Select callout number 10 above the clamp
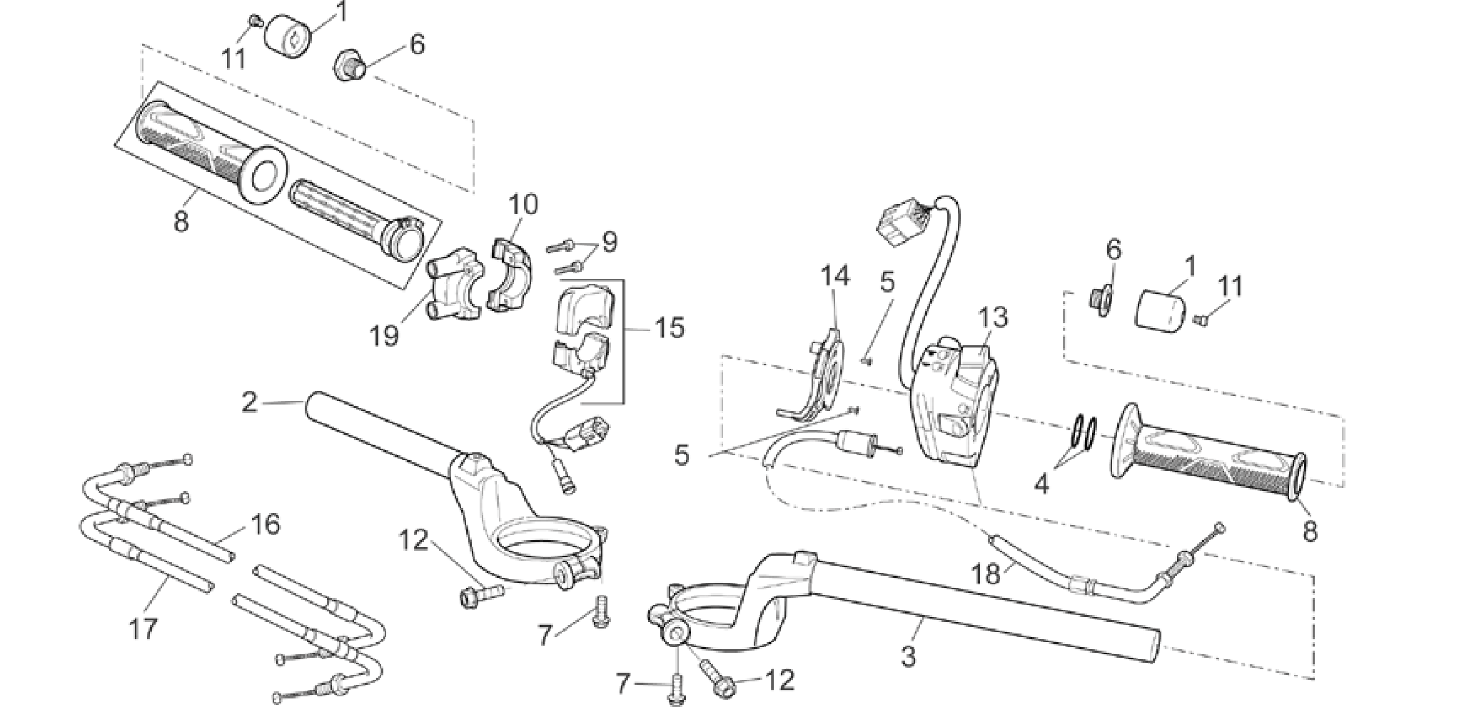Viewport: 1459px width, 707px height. point(523,205)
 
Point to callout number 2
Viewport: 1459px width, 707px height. point(249,402)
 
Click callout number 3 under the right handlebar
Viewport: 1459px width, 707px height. point(908,657)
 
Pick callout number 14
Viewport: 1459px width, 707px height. point(835,275)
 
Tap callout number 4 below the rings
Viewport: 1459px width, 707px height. point(1042,485)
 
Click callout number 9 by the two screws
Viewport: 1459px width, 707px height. point(609,243)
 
